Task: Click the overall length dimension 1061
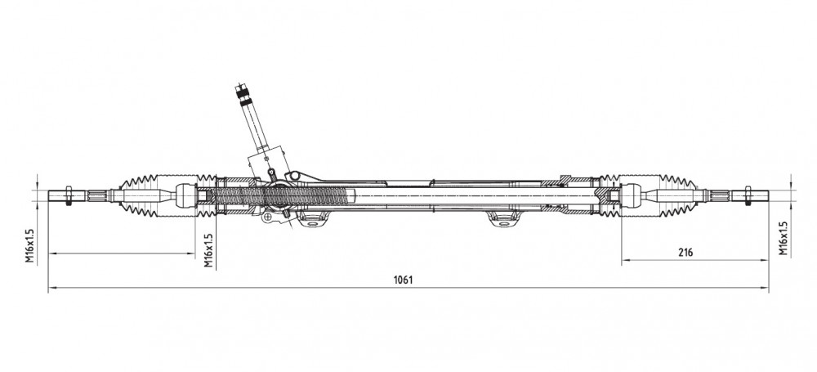403,280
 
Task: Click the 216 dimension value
685,253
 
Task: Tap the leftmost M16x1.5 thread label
29,245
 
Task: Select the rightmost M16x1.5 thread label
784,238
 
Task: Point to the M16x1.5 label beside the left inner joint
208,250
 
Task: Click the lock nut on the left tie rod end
69,195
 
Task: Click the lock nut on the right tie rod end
748,195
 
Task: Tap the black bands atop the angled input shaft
243,96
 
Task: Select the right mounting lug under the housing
502,219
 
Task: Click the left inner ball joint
185,195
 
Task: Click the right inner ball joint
631,195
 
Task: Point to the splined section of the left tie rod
97,195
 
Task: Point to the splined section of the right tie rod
719,195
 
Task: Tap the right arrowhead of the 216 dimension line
766,260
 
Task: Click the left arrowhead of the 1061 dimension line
52,288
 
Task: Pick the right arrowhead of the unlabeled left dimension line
191,254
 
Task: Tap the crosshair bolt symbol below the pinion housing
268,217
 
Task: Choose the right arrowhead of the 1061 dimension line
766,288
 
